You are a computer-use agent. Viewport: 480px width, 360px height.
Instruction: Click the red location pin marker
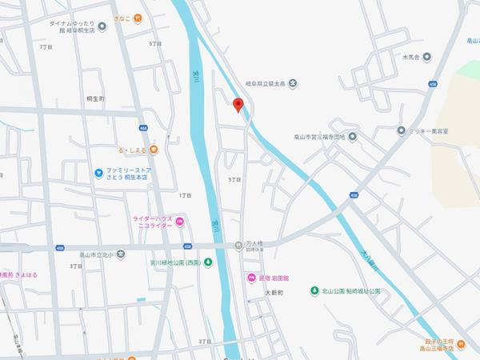237,104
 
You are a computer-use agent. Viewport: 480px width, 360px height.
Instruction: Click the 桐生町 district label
95,98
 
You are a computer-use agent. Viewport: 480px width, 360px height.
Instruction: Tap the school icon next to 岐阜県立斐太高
293,82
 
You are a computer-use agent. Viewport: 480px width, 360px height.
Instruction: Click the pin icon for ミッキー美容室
400,130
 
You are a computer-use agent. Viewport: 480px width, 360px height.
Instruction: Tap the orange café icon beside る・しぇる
152,150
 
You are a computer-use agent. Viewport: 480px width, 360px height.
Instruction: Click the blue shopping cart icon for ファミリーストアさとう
98,173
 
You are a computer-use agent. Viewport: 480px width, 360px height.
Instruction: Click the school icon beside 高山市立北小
120,254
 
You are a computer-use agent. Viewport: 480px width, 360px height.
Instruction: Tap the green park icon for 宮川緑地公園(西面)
207,262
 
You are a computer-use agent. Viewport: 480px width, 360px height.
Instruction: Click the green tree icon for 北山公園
314,290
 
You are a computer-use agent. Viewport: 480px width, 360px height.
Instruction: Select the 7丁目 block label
46,46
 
